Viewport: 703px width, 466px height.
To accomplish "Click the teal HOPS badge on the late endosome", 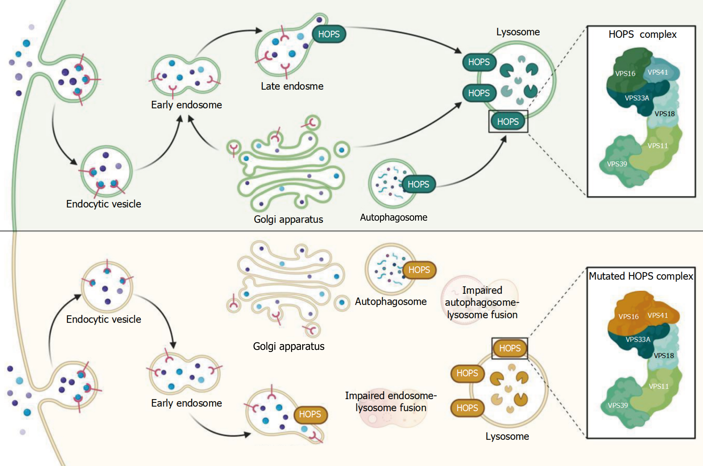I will pos(329,34).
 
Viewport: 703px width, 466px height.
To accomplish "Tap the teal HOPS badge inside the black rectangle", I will pos(508,121).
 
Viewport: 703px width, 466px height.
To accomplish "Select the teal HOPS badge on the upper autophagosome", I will pos(418,184).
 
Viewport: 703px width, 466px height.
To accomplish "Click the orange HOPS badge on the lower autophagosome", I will pos(419,270).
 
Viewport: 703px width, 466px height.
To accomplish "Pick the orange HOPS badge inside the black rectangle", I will pos(510,348).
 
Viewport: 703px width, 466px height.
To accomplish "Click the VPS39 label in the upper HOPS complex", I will pos(617,164).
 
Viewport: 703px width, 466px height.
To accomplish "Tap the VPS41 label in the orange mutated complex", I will pos(658,315).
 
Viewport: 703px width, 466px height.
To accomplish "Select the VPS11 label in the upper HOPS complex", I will pos(658,146).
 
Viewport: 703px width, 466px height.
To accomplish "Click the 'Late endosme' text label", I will pos(292,86).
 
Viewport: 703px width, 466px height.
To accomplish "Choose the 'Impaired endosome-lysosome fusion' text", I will pos(391,401).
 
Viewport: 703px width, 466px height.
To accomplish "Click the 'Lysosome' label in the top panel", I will pos(518,32).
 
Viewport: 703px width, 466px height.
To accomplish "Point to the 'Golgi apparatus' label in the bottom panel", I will pos(289,346).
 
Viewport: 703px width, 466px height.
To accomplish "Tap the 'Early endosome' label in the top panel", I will pos(187,105).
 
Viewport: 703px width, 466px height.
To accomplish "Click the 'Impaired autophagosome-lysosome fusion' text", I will pos(482,302).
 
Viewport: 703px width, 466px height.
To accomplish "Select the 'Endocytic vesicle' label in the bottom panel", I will pos(104,319).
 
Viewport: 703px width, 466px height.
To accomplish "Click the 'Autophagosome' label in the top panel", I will pos(394,217).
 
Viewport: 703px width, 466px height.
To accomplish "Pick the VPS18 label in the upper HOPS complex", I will pos(664,114).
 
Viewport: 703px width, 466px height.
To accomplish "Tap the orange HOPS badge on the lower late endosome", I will pos(310,414).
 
